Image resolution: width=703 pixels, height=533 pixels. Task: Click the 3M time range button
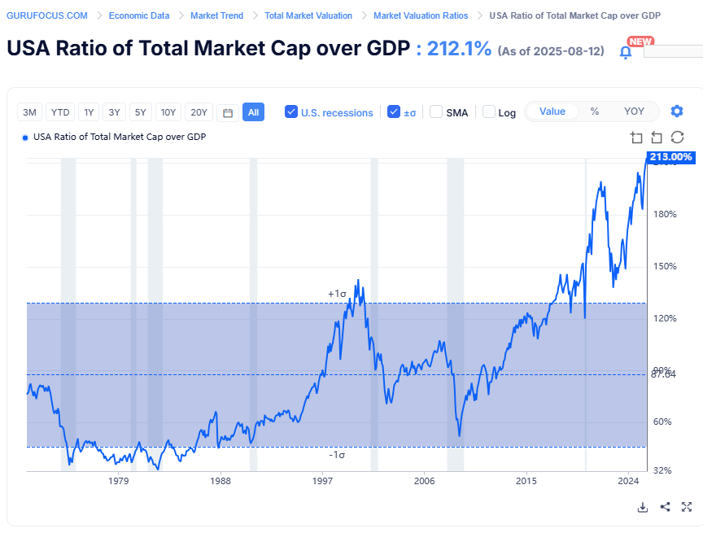[30, 112]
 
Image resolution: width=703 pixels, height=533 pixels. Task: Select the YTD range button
[59, 112]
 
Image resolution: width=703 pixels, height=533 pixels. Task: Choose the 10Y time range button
[168, 112]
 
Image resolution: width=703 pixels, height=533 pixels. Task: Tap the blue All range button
[253, 112]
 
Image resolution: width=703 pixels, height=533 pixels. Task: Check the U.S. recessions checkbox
[291, 112]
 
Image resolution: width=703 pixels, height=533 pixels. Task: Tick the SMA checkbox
[436, 112]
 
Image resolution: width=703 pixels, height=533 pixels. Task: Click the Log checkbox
[489, 112]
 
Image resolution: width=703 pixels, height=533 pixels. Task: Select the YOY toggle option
[634, 111]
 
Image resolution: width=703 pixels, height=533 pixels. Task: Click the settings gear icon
[677, 111]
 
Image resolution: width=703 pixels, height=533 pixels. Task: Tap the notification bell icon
[626, 52]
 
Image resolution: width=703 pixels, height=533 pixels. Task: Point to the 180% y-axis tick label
[666, 215]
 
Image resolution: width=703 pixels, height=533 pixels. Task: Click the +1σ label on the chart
[337, 293]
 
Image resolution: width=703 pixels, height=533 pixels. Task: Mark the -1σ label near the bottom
[337, 455]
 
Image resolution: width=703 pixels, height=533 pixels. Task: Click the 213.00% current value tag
[670, 156]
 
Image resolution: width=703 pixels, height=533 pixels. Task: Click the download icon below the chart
[642, 507]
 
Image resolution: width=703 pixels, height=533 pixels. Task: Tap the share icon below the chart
[665, 507]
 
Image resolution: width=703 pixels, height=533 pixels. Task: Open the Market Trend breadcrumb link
[216, 15]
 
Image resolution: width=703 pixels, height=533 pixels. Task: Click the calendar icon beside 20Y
[228, 112]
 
